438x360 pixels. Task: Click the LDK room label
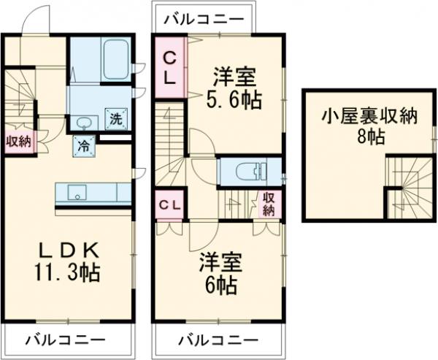(x=67, y=250)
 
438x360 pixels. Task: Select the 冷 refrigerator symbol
(x=85, y=145)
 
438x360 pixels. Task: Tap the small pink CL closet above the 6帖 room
(x=169, y=204)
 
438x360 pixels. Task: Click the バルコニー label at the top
(x=204, y=19)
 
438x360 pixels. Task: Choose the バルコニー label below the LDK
(x=67, y=340)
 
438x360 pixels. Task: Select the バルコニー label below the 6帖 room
(x=218, y=340)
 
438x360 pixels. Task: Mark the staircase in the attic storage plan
(x=405, y=187)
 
